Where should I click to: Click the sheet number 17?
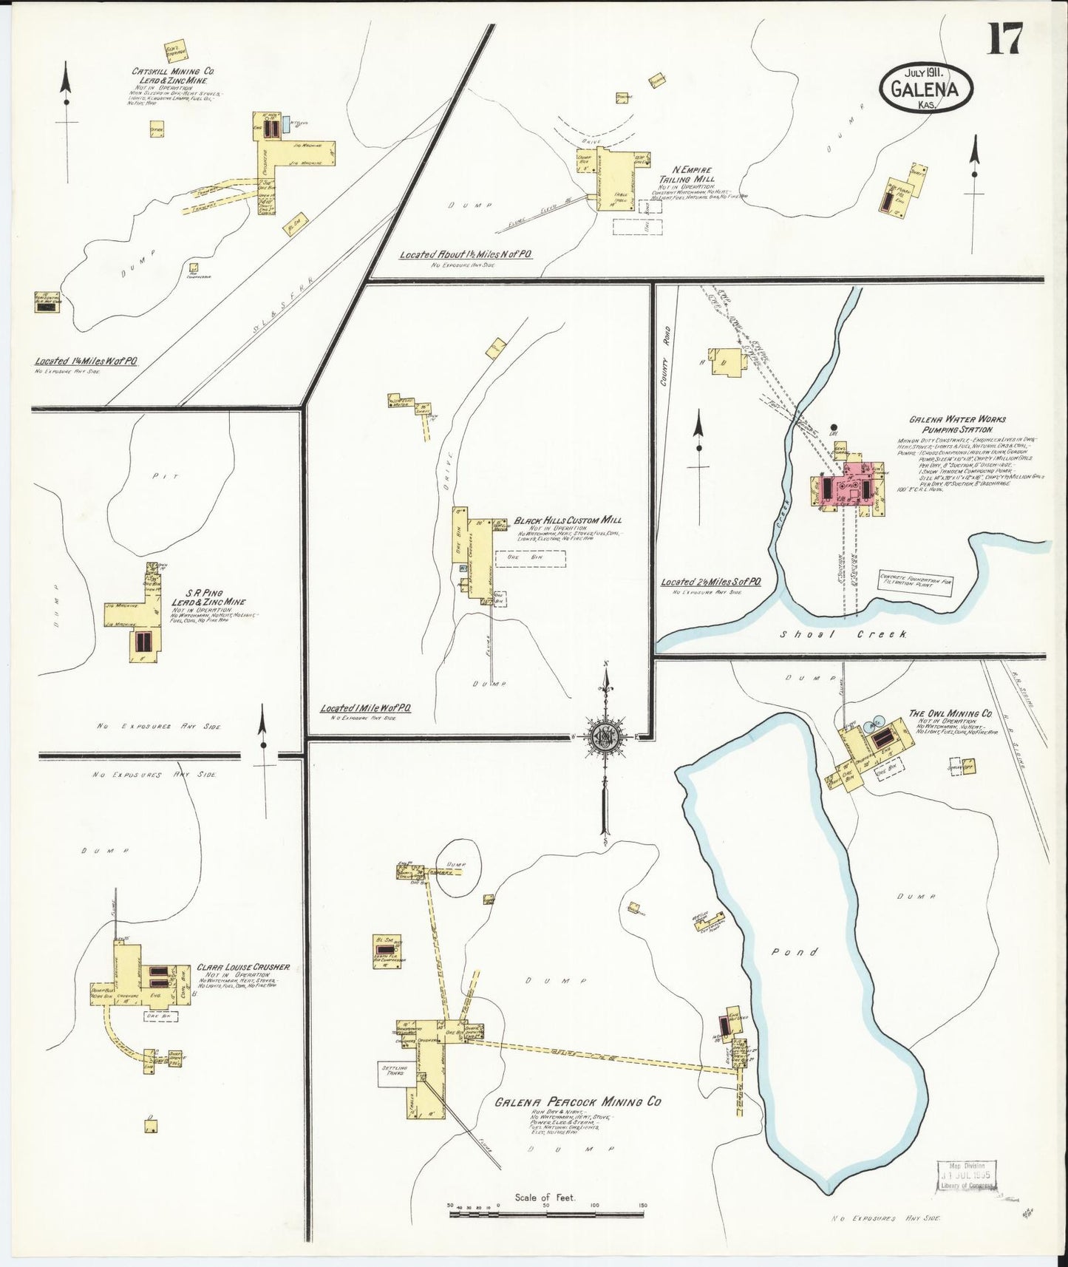[1006, 39]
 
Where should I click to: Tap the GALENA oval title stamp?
[925, 88]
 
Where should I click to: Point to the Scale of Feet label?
[545, 1196]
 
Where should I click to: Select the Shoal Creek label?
[844, 635]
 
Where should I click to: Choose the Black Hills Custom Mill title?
[568, 520]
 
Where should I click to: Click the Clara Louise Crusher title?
[242, 966]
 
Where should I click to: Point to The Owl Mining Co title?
[950, 714]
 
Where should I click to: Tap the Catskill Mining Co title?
[173, 76]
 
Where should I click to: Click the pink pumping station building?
[848, 488]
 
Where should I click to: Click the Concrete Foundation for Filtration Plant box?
[914, 583]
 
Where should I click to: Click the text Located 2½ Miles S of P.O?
[711, 582]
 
